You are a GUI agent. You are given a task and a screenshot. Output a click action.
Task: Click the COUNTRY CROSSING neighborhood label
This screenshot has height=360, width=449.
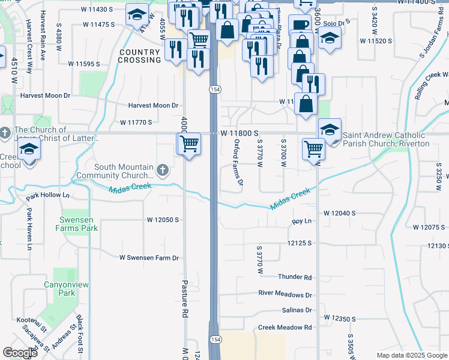click(139, 56)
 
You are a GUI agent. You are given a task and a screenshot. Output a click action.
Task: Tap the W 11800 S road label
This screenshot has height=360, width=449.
click(239, 133)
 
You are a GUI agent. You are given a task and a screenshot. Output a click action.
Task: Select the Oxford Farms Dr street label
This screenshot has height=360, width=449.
click(238, 162)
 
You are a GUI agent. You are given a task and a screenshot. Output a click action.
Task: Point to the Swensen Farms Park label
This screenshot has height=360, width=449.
click(77, 224)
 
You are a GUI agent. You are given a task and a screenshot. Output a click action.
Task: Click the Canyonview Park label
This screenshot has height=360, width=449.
click(59, 289)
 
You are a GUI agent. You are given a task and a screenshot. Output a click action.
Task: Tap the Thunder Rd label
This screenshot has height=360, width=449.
click(295, 277)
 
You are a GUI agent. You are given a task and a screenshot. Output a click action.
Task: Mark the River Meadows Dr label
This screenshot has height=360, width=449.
click(285, 295)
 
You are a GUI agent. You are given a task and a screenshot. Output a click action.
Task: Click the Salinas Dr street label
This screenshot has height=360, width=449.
click(297, 310)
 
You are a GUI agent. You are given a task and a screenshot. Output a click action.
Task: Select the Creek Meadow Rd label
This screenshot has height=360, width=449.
click(285, 328)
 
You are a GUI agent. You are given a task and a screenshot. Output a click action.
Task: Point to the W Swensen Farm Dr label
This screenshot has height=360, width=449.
click(149, 258)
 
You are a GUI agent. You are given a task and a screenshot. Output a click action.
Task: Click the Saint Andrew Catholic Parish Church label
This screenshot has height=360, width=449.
click(386, 140)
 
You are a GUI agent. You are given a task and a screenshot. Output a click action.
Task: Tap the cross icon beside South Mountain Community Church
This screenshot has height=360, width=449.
click(162, 171)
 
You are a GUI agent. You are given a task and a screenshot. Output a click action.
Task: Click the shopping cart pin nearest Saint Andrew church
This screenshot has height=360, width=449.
click(313, 148)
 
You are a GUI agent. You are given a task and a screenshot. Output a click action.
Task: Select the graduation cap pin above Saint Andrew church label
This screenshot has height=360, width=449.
click(329, 129)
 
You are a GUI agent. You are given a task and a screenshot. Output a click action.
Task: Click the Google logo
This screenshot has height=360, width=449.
click(20, 353)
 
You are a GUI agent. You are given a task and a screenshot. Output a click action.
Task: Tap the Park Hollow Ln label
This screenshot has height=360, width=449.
click(48, 196)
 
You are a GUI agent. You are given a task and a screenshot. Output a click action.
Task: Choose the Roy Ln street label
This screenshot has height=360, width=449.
click(302, 221)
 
